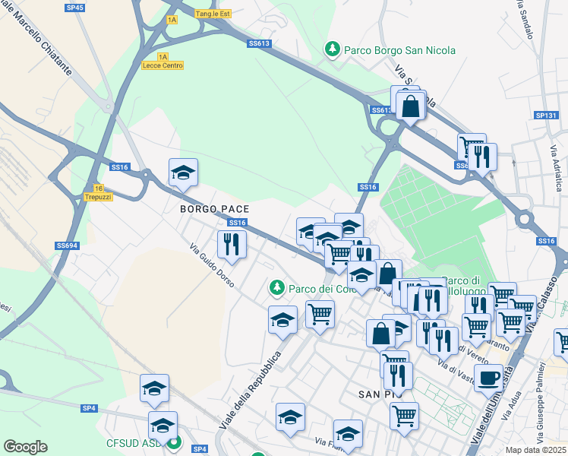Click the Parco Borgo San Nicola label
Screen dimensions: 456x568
[399, 50]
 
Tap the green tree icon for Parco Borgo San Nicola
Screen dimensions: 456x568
[332, 49]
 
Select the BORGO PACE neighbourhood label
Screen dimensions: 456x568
[215, 207]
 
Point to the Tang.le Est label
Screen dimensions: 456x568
[212, 14]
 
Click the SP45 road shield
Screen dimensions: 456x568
[75, 7]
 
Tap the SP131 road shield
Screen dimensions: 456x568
[546, 116]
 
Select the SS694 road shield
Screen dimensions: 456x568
[67, 245]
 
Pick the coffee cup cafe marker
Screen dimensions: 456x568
[489, 376]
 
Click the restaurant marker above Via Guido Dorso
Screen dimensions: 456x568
[232, 244]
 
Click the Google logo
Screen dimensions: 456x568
[25, 447]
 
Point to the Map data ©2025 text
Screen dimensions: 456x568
[536, 450]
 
